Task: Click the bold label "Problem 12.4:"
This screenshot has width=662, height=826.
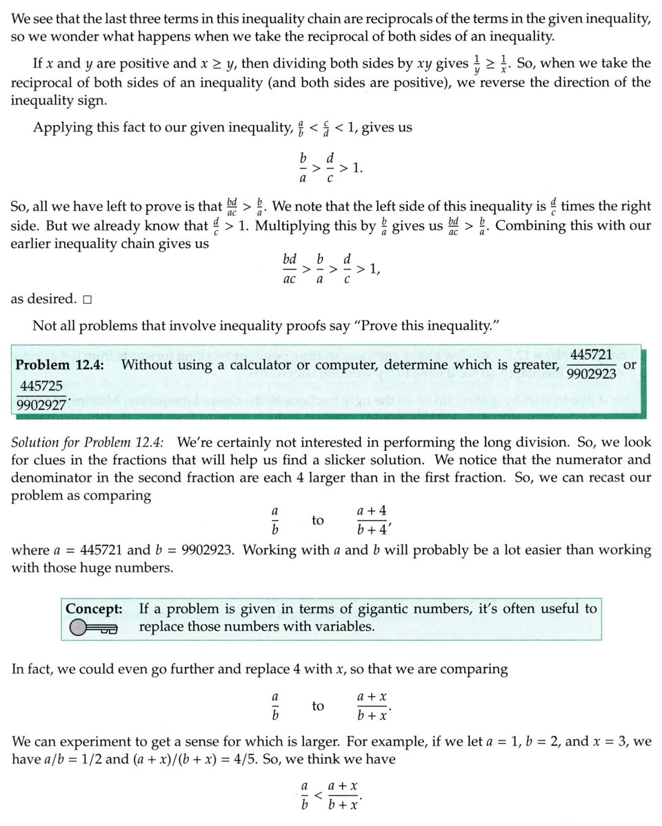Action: pos(60,364)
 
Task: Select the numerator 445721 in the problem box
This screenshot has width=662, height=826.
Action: pos(592,355)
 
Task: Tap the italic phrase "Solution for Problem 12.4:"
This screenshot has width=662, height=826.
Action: pos(88,442)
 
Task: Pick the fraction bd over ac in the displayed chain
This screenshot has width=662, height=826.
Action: pos(290,269)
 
